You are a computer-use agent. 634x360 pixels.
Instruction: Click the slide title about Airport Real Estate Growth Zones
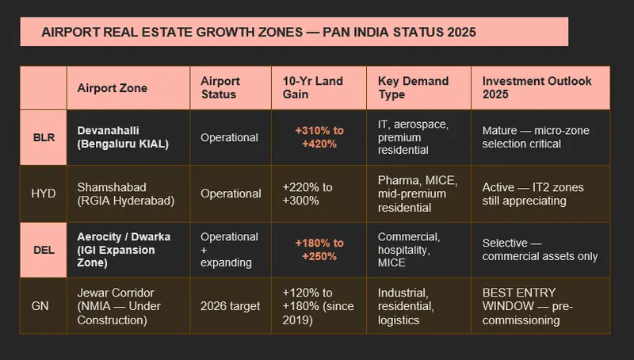pyautogui.click(x=259, y=32)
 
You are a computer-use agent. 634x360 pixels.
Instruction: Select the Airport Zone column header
pyautogui.click(x=112, y=88)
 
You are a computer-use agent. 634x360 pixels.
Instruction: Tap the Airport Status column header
pyautogui.click(x=220, y=87)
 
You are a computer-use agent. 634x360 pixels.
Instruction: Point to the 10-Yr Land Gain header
pyautogui.click(x=312, y=87)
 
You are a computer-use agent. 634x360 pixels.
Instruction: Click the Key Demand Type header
pyautogui.click(x=413, y=87)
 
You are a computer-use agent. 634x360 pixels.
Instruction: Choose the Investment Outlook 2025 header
pyautogui.click(x=537, y=87)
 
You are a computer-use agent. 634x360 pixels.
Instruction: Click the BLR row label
pyautogui.click(x=44, y=137)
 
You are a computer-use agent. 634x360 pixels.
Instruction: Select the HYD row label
pyautogui.click(x=44, y=193)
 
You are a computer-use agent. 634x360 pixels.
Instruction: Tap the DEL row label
pyautogui.click(x=44, y=250)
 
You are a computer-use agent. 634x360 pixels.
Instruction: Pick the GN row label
pyautogui.click(x=40, y=306)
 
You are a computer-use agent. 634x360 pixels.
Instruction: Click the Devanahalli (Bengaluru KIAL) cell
pyautogui.click(x=123, y=137)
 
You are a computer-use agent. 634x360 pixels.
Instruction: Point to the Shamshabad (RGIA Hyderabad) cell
pyautogui.click(x=126, y=193)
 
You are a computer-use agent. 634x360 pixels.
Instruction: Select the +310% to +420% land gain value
pyautogui.click(x=319, y=137)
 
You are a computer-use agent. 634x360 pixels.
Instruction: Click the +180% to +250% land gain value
pyautogui.click(x=319, y=250)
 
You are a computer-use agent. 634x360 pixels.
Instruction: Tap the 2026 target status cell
pyautogui.click(x=230, y=306)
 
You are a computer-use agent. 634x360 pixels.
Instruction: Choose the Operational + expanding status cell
pyautogui.click(x=229, y=250)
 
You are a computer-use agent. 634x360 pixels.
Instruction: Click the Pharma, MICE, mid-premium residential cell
pyautogui.click(x=418, y=193)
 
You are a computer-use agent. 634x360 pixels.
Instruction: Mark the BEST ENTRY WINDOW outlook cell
pyautogui.click(x=528, y=306)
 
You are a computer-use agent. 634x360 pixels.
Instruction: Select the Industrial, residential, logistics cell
pyautogui.click(x=406, y=306)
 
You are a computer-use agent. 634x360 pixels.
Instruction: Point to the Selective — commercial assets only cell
pyautogui.click(x=540, y=250)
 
